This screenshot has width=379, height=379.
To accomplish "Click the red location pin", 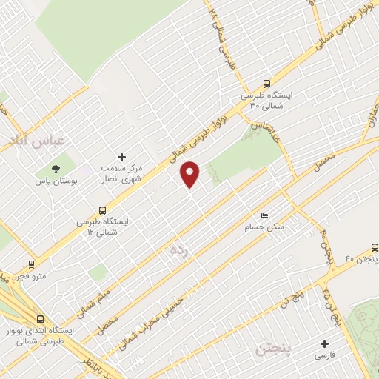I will (x=190, y=174).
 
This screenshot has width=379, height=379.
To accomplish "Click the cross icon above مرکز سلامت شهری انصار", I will (x=122, y=157).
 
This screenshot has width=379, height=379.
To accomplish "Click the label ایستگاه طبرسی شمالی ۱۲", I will (x=104, y=227).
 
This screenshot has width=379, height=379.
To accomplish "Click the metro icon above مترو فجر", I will (x=31, y=264).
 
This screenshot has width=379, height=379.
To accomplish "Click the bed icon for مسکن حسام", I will (x=265, y=215).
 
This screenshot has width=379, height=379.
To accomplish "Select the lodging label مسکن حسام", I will (x=264, y=227).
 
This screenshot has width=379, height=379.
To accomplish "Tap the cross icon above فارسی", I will (x=324, y=343).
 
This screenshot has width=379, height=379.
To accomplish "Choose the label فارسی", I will (x=324, y=356).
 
